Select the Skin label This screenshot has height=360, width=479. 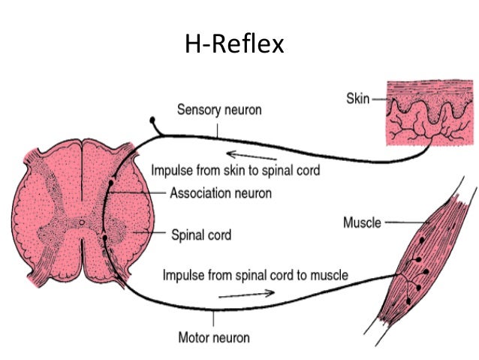(357, 98)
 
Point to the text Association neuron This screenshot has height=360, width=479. (221, 193)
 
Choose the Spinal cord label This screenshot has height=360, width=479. (200, 235)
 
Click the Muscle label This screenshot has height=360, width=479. (362, 223)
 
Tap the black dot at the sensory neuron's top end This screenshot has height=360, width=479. (153, 120)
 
